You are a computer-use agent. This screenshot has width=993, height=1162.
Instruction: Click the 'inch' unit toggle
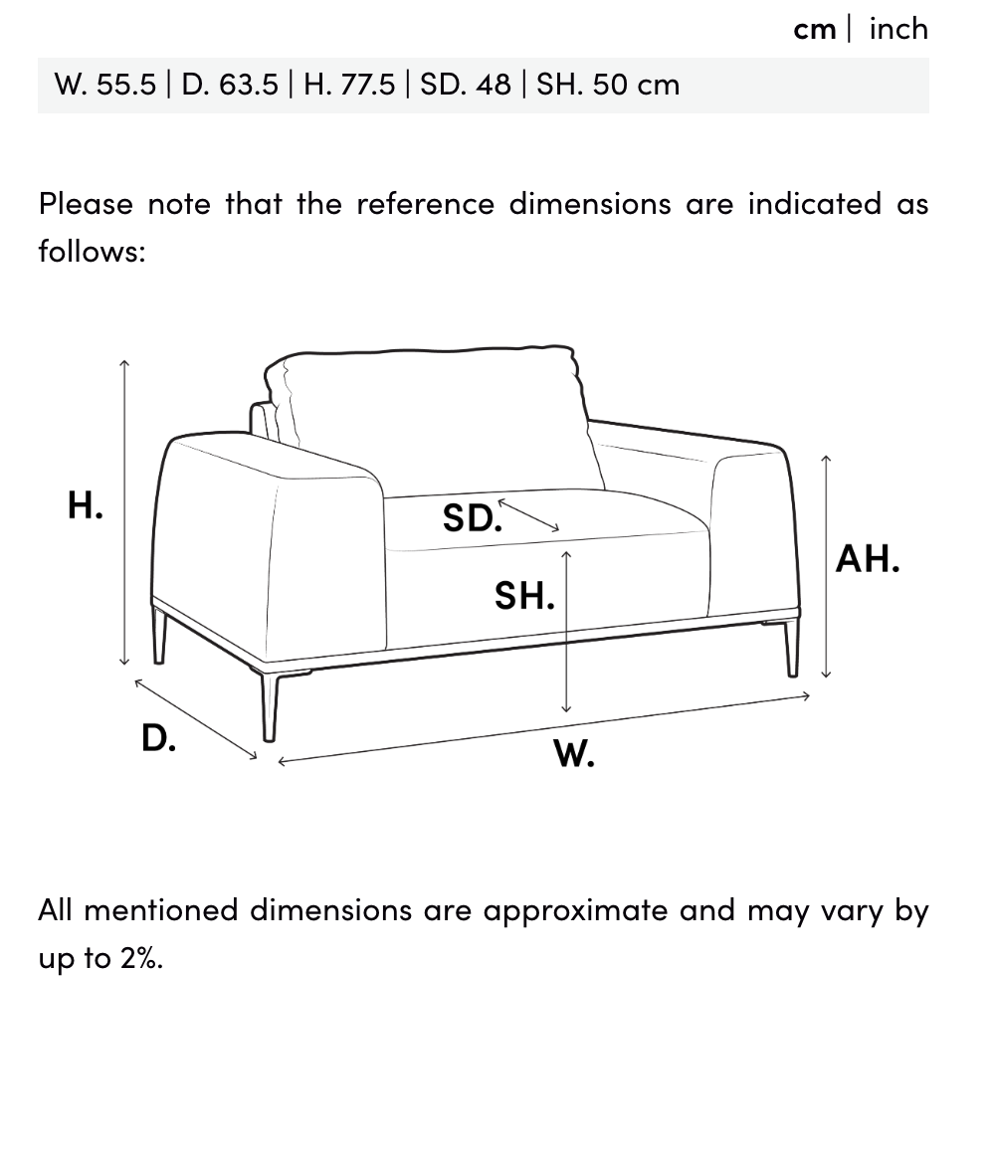[x=898, y=29]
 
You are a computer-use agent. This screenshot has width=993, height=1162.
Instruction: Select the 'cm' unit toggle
[x=815, y=31]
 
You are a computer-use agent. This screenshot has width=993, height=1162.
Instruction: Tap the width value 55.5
[x=126, y=85]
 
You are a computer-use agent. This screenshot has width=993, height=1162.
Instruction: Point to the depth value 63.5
[x=249, y=85]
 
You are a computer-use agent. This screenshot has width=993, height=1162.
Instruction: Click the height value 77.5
[x=367, y=85]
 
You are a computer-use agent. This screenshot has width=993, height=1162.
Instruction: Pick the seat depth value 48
[x=494, y=85]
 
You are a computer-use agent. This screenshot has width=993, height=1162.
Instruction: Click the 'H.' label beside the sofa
[x=86, y=505]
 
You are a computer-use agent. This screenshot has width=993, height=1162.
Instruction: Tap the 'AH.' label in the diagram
[x=868, y=559]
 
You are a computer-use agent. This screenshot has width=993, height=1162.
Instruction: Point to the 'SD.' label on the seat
[x=472, y=517]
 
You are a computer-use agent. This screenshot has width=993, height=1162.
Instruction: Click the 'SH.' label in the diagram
[x=524, y=596]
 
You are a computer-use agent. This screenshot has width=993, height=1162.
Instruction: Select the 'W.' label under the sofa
[x=574, y=754]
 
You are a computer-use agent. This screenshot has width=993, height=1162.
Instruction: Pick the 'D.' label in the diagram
[x=159, y=738]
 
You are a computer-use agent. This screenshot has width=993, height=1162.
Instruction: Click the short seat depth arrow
[x=528, y=515]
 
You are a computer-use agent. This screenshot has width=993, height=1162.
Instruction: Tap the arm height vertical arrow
[x=826, y=566]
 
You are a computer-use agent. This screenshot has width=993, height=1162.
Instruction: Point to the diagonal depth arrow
[x=196, y=719]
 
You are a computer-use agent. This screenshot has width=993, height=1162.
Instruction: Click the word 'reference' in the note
[x=426, y=204]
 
